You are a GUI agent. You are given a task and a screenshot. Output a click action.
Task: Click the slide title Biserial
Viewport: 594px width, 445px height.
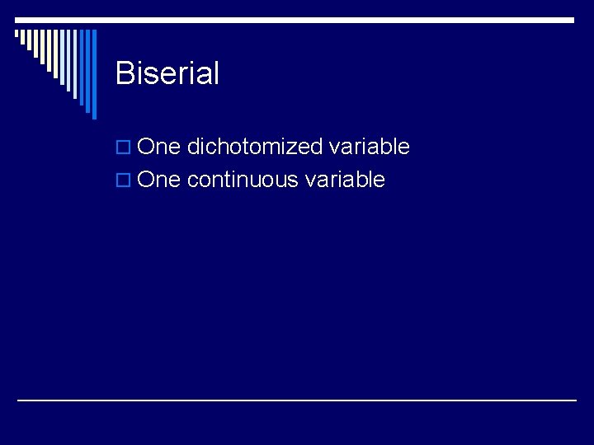pos(167,73)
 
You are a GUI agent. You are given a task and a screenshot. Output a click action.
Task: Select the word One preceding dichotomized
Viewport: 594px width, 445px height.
pos(158,147)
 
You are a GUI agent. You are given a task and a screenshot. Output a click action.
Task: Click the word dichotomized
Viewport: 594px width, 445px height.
pos(254,147)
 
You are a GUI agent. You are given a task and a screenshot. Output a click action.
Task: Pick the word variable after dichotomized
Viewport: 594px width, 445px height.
pos(369,147)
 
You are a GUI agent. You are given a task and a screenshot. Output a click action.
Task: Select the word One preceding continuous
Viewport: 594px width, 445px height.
pos(158,180)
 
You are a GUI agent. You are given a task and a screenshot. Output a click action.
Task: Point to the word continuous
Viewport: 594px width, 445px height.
pos(242,180)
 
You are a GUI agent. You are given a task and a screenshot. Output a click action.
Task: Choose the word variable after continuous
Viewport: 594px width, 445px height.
pos(344,180)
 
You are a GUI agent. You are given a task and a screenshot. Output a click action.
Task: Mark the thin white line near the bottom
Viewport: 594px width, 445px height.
pos(297,400)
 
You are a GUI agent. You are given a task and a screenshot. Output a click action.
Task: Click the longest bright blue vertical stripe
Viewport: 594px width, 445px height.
pos(93,74)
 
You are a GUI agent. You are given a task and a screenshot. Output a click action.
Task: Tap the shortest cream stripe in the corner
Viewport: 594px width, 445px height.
pos(16,35)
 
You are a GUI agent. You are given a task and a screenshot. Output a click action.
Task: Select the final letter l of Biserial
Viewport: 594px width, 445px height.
pos(215,73)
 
